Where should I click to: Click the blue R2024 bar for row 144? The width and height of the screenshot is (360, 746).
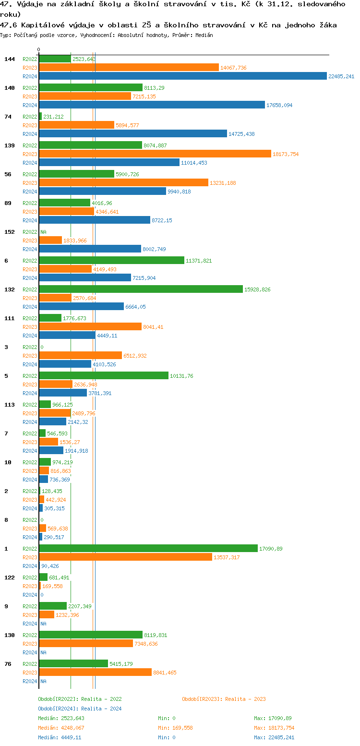pos(182,76)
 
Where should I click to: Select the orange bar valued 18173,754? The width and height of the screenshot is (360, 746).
pos(155,154)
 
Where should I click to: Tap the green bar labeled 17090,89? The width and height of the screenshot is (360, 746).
pos(148,548)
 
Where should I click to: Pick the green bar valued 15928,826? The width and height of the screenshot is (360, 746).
pos(141,289)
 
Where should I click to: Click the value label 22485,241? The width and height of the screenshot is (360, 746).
pos(341,76)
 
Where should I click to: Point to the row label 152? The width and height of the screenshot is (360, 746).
pos(10,231)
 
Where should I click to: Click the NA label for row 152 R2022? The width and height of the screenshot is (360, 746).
pos(43,232)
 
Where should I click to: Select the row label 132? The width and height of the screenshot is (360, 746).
pos(10,289)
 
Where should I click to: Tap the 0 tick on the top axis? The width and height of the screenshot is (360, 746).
pos(39,49)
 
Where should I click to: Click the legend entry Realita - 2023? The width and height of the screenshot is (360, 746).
pos(224,699)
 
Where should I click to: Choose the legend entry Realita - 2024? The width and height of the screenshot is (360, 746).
pos(80,709)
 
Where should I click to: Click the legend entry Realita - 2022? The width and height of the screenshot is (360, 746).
pos(80,699)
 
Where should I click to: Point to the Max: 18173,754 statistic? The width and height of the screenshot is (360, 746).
pos(274,728)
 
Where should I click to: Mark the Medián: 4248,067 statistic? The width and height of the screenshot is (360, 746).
pos(61,728)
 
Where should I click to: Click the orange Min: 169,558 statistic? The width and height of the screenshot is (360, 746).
pos(175,728)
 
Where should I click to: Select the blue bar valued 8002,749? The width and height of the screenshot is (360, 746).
pos(90,249)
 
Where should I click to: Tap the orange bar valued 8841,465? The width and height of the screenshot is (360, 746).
pos(95,672)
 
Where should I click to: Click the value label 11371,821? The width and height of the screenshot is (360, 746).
pos(199,261)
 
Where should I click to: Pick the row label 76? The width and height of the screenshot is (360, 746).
pos(8,663)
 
